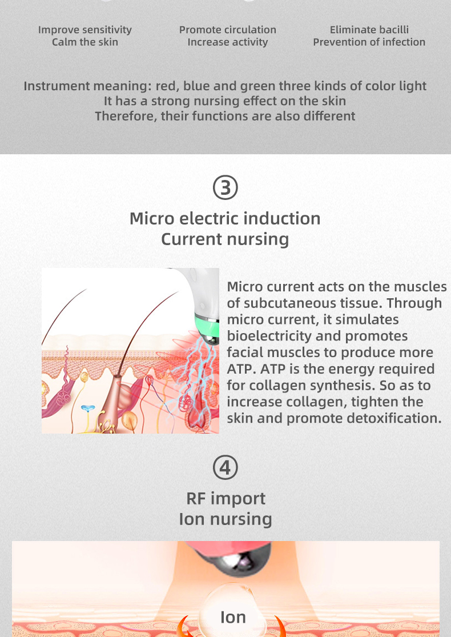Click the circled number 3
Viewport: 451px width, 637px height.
(x=226, y=187)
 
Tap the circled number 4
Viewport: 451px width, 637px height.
(x=226, y=467)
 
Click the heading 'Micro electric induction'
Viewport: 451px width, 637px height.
(x=225, y=219)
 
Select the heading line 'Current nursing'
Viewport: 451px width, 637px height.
(x=225, y=239)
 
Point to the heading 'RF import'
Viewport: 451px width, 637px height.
(x=226, y=499)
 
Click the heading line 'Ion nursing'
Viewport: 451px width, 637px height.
(x=226, y=519)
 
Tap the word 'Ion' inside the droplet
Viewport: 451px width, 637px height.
(x=233, y=617)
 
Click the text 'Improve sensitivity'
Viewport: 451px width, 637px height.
(x=85, y=30)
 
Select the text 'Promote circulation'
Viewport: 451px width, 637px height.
(x=227, y=30)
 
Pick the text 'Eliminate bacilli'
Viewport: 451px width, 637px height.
(x=369, y=30)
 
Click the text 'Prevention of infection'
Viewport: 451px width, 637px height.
(x=369, y=42)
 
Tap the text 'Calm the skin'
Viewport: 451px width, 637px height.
(x=85, y=42)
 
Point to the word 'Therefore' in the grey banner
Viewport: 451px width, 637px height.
(x=126, y=117)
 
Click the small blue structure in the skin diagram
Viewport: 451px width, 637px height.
(x=88, y=408)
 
